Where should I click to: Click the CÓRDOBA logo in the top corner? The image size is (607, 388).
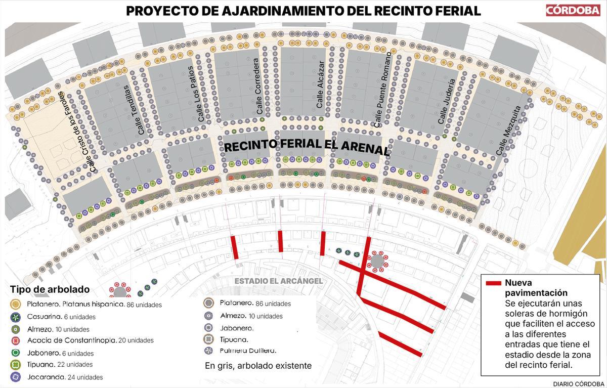point(572,10)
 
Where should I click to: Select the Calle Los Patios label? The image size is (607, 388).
point(195,94)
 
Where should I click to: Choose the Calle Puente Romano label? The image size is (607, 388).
point(382,89)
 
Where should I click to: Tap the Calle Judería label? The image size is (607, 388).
point(447,101)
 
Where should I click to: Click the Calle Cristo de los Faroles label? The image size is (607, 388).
point(76,133)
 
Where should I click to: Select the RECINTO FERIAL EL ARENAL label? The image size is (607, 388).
point(306,146)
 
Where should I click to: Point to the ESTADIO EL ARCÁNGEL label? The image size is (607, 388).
point(279,281)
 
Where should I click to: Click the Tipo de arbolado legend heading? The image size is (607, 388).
point(50,290)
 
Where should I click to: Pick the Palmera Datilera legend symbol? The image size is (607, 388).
point(207,351)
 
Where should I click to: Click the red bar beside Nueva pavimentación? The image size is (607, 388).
point(493,283)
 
